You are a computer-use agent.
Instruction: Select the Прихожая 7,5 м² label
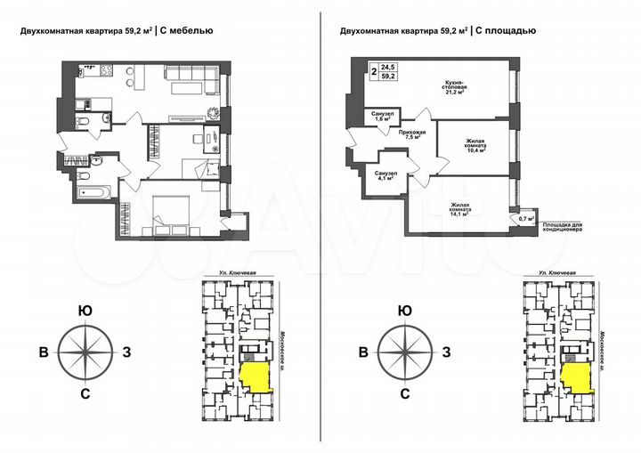[x=412, y=136]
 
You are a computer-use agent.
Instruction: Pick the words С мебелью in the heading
[x=188, y=30]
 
